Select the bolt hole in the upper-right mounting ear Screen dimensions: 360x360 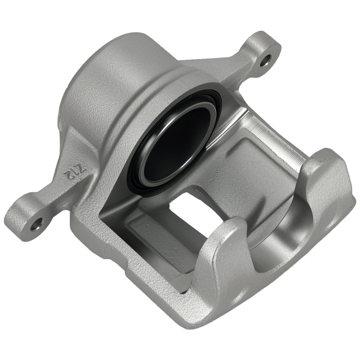266,60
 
